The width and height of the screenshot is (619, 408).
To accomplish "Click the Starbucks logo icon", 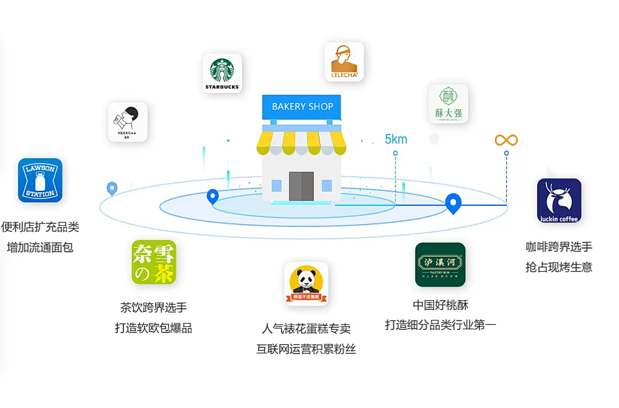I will [x=222, y=73].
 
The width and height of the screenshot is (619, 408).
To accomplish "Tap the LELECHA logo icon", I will [x=344, y=61].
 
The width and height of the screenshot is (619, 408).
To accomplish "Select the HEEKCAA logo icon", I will [x=128, y=122].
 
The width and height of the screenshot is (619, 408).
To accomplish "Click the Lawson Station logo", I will [x=40, y=180].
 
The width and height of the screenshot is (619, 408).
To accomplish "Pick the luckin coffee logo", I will [x=559, y=200].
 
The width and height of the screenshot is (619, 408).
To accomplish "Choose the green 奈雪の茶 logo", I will [x=154, y=262].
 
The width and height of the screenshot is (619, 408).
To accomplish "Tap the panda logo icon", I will [x=306, y=283].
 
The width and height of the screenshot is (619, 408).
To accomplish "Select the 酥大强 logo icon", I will [x=448, y=104].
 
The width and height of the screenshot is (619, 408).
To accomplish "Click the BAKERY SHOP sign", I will [x=302, y=107].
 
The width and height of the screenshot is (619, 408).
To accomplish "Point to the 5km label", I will [x=396, y=139].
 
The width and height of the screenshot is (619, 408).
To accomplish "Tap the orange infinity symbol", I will [x=506, y=140].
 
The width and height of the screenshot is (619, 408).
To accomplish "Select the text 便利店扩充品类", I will [x=40, y=227].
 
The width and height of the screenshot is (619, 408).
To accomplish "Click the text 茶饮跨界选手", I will [x=153, y=308].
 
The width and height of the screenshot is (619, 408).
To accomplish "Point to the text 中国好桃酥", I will [x=440, y=304].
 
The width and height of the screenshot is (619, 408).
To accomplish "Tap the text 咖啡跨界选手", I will [x=559, y=247].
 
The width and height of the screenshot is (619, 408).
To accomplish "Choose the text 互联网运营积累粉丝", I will [x=306, y=348].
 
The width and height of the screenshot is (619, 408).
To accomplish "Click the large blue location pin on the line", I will [x=453, y=202].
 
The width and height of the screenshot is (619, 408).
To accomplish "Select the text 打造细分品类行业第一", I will [x=440, y=325].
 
